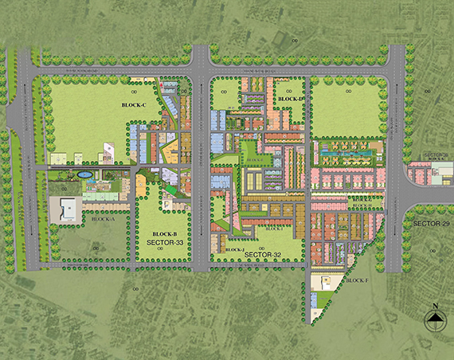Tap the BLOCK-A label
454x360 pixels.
pos(103,218)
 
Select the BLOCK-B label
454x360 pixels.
pos(163,233)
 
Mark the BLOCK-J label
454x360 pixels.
pos(234,249)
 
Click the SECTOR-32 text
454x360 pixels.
pos(264,254)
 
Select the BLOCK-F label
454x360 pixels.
pos(357,280)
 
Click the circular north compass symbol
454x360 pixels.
pos(435,321)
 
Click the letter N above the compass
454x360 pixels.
pos(435,306)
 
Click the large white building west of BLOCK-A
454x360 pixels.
pos(66,209)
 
